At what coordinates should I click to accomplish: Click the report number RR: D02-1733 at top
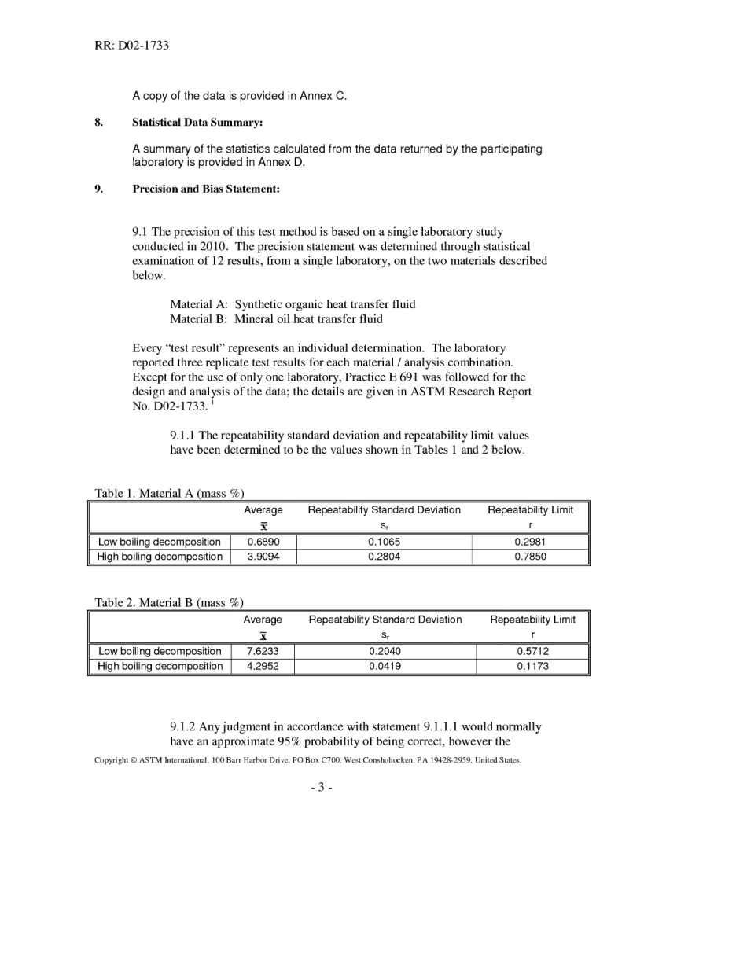click(131, 46)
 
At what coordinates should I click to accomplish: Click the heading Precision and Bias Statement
click(205, 189)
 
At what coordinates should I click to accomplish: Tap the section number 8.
click(98, 123)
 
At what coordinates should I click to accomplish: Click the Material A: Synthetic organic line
click(293, 304)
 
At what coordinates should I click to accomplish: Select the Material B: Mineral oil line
click(276, 319)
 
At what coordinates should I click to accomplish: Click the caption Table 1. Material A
click(169, 493)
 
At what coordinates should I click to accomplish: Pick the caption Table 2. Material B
click(169, 602)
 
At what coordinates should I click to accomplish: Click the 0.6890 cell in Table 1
click(263, 542)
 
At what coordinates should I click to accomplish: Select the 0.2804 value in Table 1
click(384, 557)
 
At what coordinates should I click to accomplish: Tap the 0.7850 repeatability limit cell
click(530, 557)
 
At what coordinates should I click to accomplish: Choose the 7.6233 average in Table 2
click(262, 651)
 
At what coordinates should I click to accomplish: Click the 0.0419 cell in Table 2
click(385, 666)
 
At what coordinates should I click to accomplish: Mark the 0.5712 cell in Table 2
click(532, 651)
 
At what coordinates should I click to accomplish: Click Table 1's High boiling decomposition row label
click(160, 557)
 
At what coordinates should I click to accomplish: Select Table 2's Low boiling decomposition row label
click(160, 651)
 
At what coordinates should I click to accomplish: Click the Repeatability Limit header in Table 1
click(530, 510)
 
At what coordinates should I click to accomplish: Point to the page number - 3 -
click(321, 787)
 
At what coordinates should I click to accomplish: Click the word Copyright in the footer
click(111, 760)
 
